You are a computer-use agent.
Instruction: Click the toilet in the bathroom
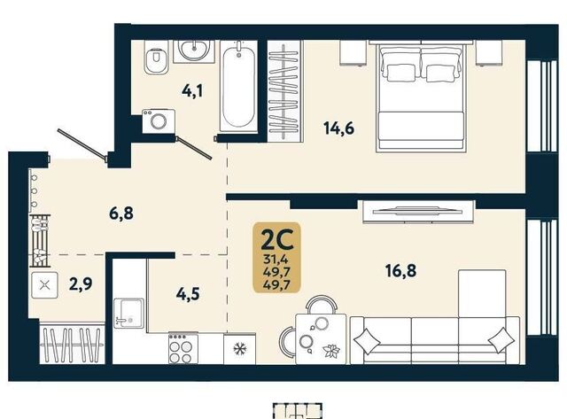(x=156, y=57)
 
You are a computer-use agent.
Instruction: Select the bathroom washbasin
(x=194, y=51)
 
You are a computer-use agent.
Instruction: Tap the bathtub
(x=238, y=86)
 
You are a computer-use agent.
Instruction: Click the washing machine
(x=159, y=120)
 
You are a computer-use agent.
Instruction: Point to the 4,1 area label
(x=192, y=90)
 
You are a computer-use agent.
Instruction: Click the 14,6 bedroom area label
(x=338, y=128)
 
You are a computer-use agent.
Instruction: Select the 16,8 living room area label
(x=400, y=270)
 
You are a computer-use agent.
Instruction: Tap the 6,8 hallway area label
(x=121, y=213)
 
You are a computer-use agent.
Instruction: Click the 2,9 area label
(x=81, y=283)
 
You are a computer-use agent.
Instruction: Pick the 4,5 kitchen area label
(x=188, y=294)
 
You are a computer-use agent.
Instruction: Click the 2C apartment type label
(x=277, y=241)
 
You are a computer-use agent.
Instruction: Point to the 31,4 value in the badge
(x=277, y=259)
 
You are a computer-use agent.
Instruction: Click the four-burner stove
(x=183, y=349)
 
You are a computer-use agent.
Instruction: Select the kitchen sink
(x=128, y=314)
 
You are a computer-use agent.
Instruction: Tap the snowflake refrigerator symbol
(x=239, y=349)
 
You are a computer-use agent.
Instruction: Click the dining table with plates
(x=321, y=339)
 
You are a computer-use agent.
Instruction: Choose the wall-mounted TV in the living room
(x=419, y=210)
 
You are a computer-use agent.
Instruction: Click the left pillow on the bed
(x=400, y=73)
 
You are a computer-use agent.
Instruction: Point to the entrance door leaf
(x=82, y=144)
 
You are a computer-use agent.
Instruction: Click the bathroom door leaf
(x=193, y=148)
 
